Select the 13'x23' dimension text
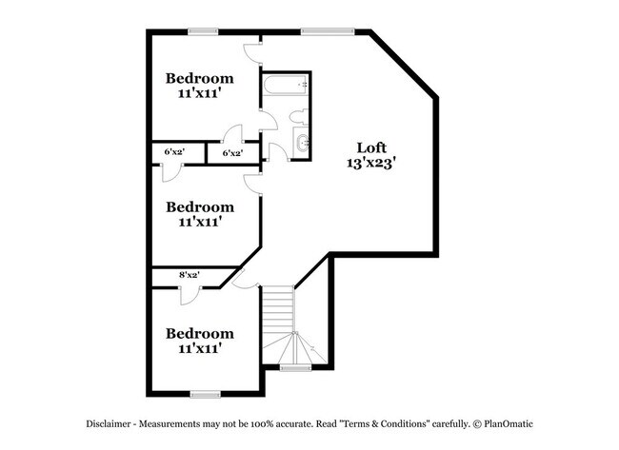click(x=371, y=164)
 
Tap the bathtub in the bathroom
click(x=285, y=87)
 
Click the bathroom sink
click(x=301, y=145)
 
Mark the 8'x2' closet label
click(x=189, y=276)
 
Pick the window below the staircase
click(x=295, y=367)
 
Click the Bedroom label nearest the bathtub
click(x=200, y=78)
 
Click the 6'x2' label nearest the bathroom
click(x=232, y=152)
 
